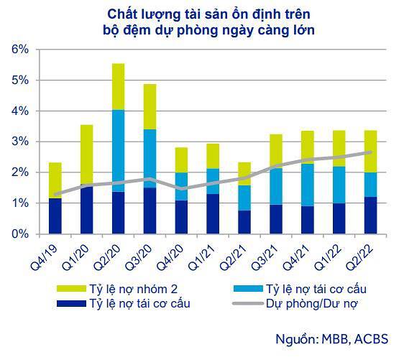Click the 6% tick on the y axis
click(19, 50)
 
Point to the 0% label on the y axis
click(19, 234)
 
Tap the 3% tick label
click(19, 142)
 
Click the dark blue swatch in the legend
click(70, 303)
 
